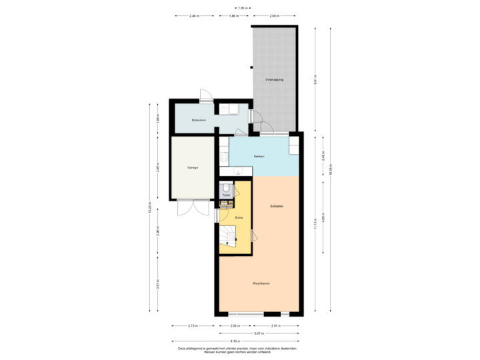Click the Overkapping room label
coord(275,79)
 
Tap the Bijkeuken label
coord(199,120)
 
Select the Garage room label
coord(193,167)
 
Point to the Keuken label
coord(259,157)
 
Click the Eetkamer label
coord(277,206)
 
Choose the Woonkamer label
coord(261,283)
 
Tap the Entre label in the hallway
coord(239,218)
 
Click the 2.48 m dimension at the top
coord(193,15)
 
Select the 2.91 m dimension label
coord(275,325)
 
